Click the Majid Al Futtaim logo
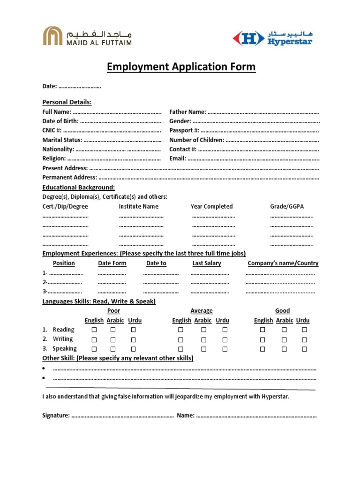pyautogui.click(x=88, y=36)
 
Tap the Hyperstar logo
pyautogui.click(x=273, y=38)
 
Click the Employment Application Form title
pyautogui.click(x=181, y=67)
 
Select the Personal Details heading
pyautogui.click(x=67, y=102)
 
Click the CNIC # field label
pyautogui.click(x=52, y=130)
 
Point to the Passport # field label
pyautogui.click(x=184, y=130)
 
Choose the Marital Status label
pyautogui.click(x=62, y=140)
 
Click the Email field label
pyautogui.click(x=178, y=158)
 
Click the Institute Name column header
pyautogui.click(x=139, y=206)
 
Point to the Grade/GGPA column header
pyautogui.click(x=286, y=206)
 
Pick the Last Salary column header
pyautogui.click(x=207, y=263)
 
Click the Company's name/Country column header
pyautogui.click(x=283, y=263)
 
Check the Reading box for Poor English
pyautogui.click(x=94, y=330)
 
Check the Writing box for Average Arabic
pyautogui.click(x=204, y=339)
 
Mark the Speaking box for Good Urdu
pyautogui.click(x=304, y=349)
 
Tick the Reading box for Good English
pyautogui.click(x=262, y=330)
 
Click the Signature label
pyautogui.click(x=56, y=415)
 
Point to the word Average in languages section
pyautogui.click(x=202, y=311)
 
